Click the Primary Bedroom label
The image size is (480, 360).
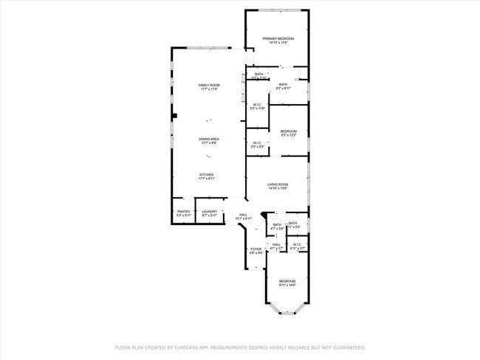coord(278,40)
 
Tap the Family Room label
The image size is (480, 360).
coord(209,87)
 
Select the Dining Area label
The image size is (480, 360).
coord(209,141)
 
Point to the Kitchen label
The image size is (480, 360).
coord(206,176)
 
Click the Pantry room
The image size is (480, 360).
coord(183,212)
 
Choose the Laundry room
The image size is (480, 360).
coord(209,212)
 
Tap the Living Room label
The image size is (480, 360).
coord(278,185)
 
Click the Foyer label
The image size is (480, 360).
coord(256,251)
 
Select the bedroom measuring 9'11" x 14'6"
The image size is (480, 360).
coord(287,283)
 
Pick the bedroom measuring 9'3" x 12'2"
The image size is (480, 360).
coord(289,133)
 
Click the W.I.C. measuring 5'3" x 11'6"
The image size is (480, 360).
coord(257,107)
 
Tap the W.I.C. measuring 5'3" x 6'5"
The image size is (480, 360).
coord(257,144)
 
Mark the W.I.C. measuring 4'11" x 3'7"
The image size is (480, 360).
coord(298,246)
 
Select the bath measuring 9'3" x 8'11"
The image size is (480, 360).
coord(283,86)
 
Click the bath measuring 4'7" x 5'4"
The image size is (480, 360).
coord(277,226)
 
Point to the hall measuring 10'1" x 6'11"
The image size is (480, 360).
coord(243,217)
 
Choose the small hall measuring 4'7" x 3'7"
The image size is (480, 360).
coord(276,246)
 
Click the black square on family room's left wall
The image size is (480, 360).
coord(174,116)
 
